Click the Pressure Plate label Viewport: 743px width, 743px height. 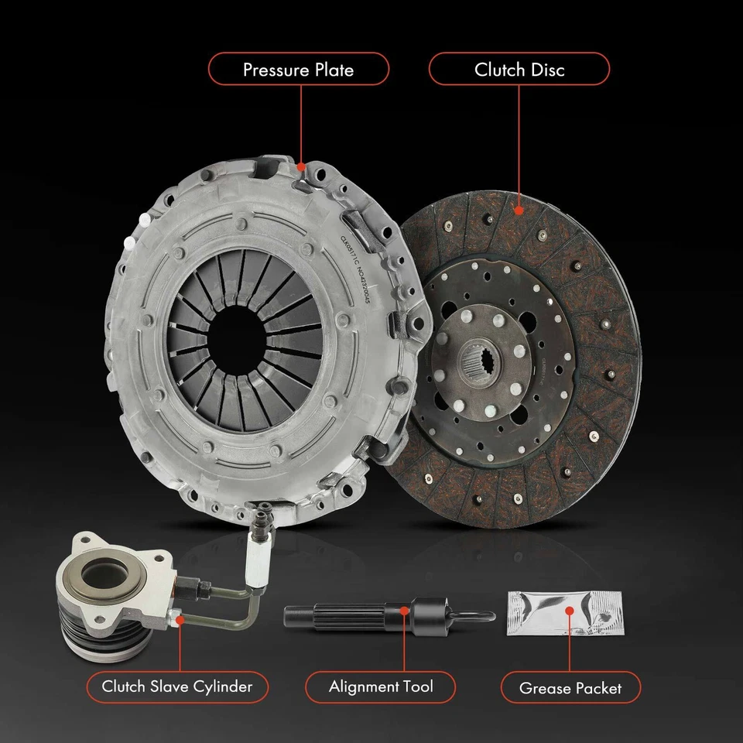click(298, 70)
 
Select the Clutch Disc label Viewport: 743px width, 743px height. click(519, 70)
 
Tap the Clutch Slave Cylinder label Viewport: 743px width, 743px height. click(177, 687)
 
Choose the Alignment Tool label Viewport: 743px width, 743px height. click(381, 687)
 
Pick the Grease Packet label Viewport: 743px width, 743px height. click(570, 687)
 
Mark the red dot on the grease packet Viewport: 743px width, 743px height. click(570, 611)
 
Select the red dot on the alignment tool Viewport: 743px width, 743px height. click(404, 612)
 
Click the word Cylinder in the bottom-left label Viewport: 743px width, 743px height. click(224, 687)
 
